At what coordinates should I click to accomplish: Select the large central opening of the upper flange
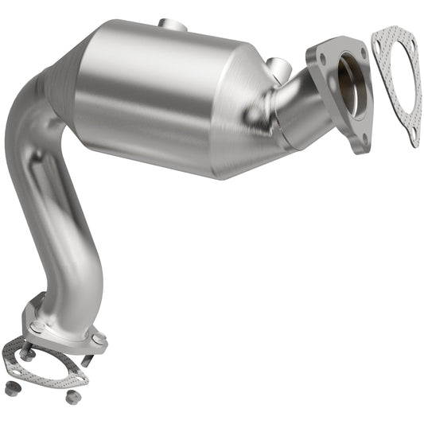point(352,86)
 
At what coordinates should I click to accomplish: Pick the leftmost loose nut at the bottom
point(11,388)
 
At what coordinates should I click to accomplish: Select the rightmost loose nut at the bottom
point(72,396)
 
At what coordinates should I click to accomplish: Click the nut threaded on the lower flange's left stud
point(28,354)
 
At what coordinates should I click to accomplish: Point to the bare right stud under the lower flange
point(85,360)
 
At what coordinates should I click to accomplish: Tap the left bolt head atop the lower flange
point(37,326)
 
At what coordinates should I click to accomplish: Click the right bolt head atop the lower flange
point(98,339)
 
